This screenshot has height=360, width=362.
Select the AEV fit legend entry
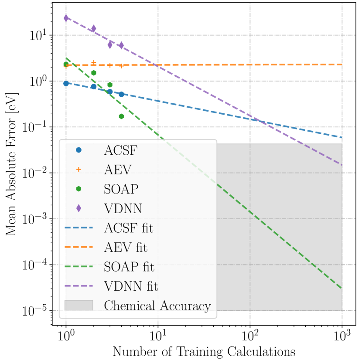click(126, 248)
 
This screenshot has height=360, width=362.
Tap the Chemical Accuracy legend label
click(157, 306)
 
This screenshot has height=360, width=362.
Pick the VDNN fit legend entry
click(131, 286)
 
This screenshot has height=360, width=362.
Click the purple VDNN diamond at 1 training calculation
click(66, 18)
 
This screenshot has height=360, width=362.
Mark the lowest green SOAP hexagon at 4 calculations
click(121, 116)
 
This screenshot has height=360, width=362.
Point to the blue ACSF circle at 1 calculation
click(66, 83)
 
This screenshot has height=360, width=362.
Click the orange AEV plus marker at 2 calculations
click(93, 62)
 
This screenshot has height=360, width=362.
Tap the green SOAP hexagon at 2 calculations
click(93, 73)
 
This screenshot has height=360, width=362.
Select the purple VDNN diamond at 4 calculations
click(121, 45)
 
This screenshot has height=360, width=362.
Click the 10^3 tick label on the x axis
click(342, 336)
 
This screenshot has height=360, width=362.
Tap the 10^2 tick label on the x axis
click(250, 336)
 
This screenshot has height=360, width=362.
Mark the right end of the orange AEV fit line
click(342, 65)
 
